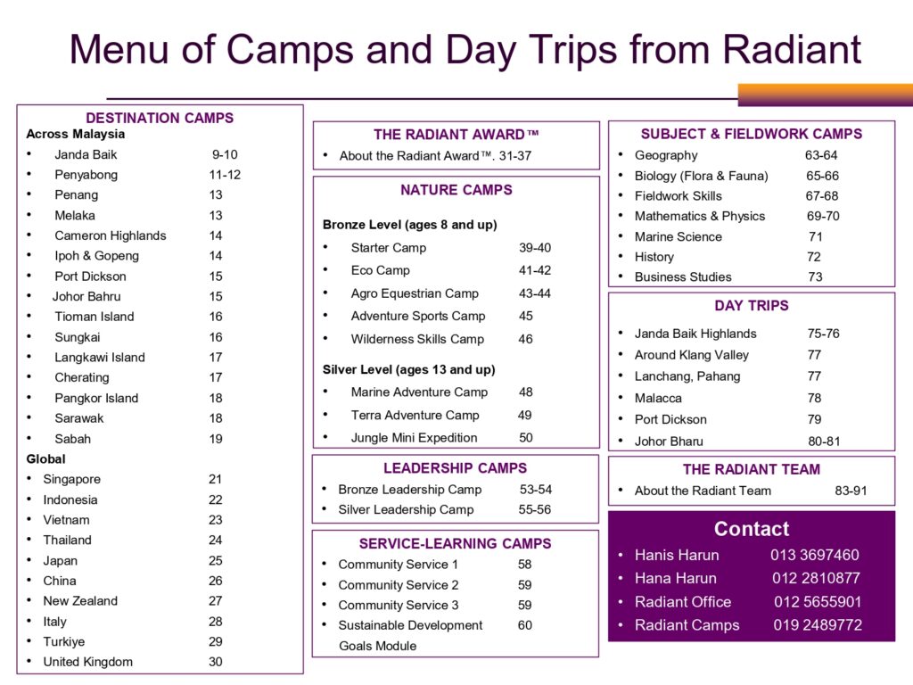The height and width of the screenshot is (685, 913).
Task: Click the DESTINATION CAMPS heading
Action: [x=160, y=118]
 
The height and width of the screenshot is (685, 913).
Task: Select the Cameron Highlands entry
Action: [x=110, y=235]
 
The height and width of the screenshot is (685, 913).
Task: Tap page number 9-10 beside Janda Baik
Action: [x=225, y=154]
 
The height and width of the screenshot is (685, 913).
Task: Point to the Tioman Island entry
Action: [x=94, y=317]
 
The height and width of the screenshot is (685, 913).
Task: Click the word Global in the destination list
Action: [x=45, y=458]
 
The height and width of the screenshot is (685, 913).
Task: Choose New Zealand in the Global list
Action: [x=80, y=601]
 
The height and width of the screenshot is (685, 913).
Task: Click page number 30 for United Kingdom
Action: [x=216, y=662]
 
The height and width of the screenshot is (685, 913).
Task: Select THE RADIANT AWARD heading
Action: [x=456, y=135]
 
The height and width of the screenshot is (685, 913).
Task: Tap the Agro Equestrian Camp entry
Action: [x=415, y=293]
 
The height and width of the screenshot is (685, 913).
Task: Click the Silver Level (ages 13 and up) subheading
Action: [x=408, y=369]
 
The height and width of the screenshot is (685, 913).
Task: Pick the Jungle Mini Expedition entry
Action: [x=414, y=438]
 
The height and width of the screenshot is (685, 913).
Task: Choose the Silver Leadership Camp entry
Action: [x=406, y=509]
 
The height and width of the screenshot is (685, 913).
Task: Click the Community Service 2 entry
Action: [x=399, y=585]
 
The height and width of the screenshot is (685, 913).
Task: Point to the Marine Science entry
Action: [x=678, y=236]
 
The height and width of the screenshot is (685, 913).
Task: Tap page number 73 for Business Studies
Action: [x=815, y=276]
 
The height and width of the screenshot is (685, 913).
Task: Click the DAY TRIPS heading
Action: [x=752, y=306]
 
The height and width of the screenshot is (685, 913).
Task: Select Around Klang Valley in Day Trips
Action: [x=691, y=355]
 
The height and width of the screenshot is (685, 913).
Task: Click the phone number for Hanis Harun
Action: [x=815, y=555]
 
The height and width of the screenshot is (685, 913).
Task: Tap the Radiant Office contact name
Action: [x=682, y=602]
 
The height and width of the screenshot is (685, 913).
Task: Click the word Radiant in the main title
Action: [x=793, y=49]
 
